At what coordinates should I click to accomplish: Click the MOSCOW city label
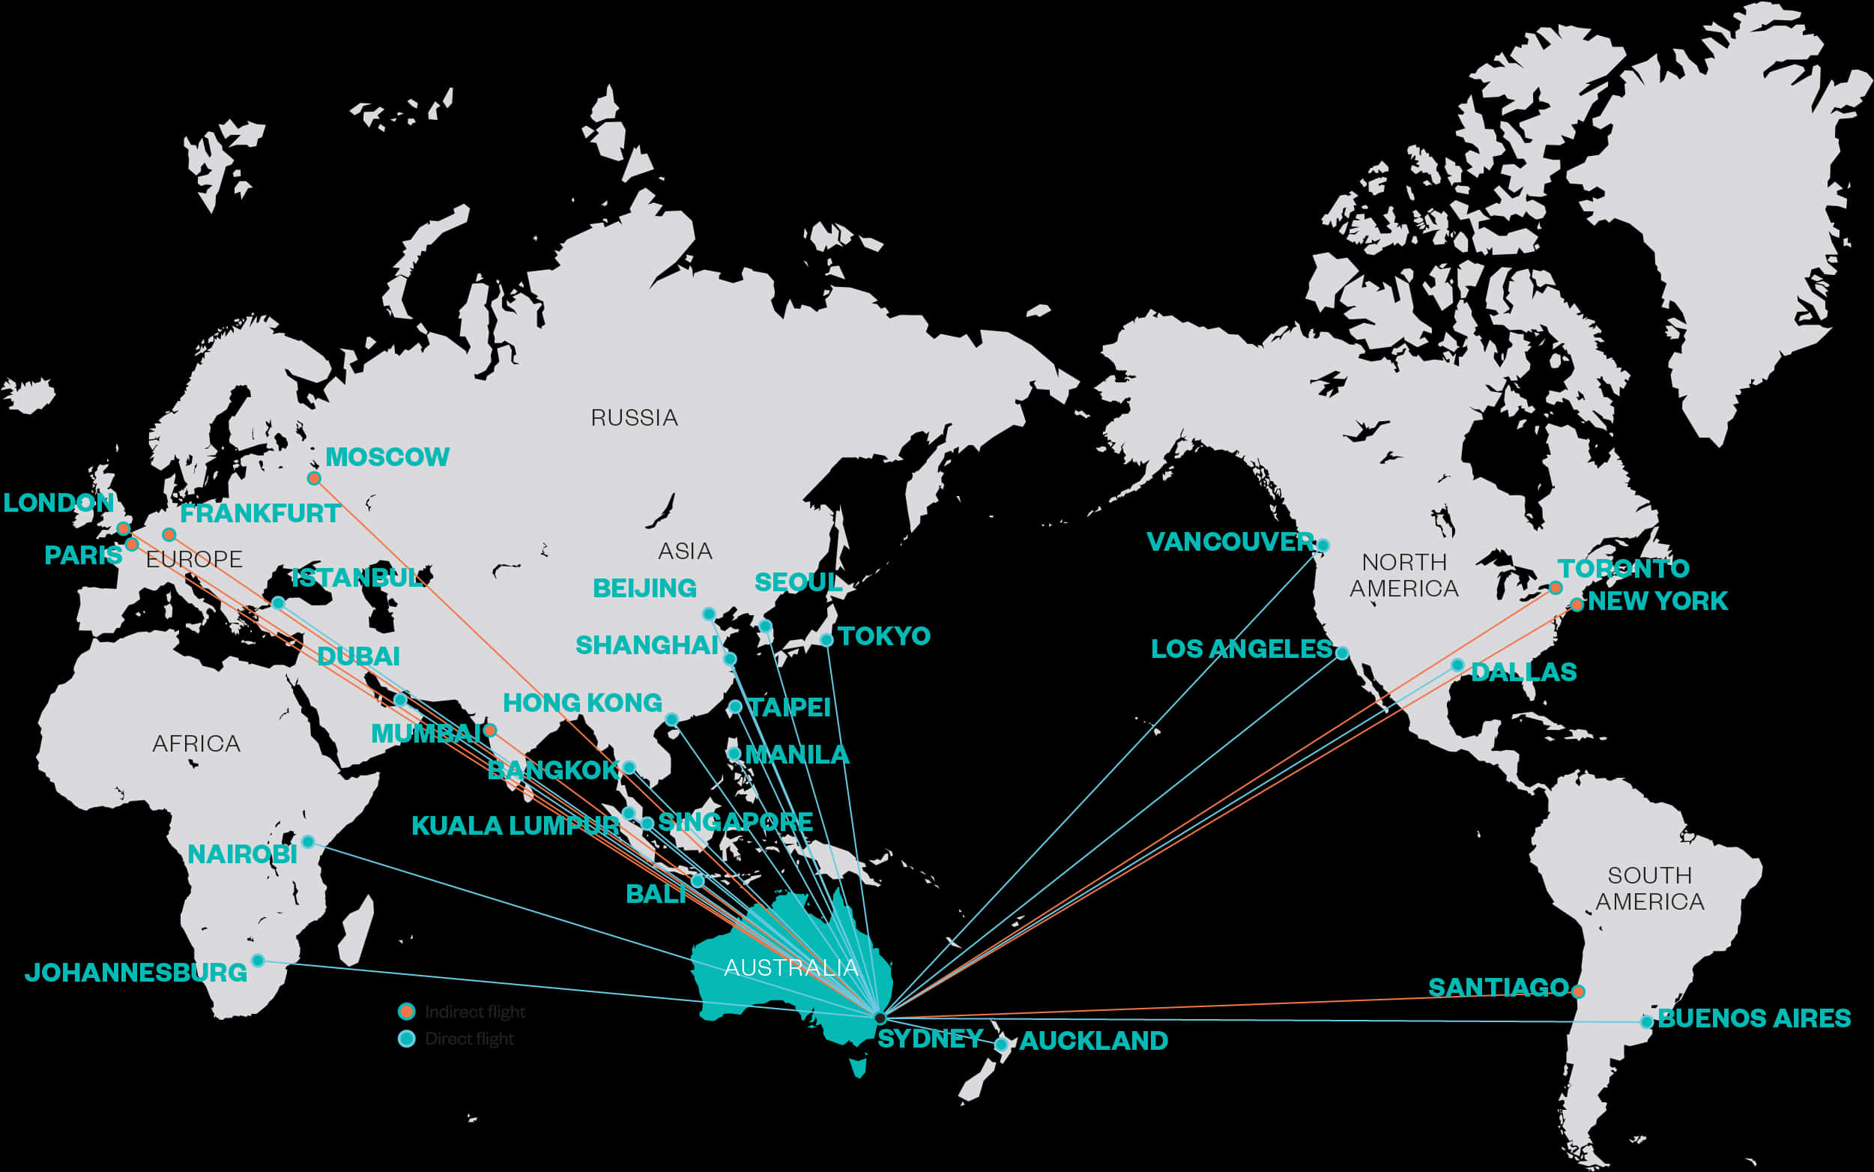[x=387, y=456]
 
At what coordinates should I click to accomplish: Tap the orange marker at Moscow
[x=314, y=478]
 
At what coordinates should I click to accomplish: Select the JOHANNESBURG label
[x=136, y=972]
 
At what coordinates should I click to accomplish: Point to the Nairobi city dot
[x=308, y=842]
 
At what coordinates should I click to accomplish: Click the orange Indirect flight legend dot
[x=406, y=1011]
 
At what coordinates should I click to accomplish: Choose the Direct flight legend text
[x=469, y=1039]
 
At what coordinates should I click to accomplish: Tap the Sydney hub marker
[x=880, y=1018]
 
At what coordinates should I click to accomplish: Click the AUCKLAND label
[x=1092, y=1040]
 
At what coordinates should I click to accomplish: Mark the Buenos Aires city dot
[x=1646, y=1021]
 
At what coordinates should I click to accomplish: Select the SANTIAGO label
[x=1498, y=987]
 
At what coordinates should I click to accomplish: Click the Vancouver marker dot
[x=1323, y=545]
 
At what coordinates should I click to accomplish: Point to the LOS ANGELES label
[x=1241, y=649]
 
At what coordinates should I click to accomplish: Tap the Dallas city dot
[x=1457, y=665]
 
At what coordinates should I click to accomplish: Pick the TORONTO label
[x=1624, y=568]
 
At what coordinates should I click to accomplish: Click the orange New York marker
[x=1577, y=605]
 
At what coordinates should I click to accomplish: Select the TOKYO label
[x=883, y=635]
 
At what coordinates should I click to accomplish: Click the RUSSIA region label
[x=634, y=418]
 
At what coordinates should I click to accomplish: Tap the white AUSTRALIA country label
[x=791, y=967]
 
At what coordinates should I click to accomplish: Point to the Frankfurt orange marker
[x=169, y=535]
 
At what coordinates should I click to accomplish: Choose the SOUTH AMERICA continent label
[x=1649, y=888]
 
